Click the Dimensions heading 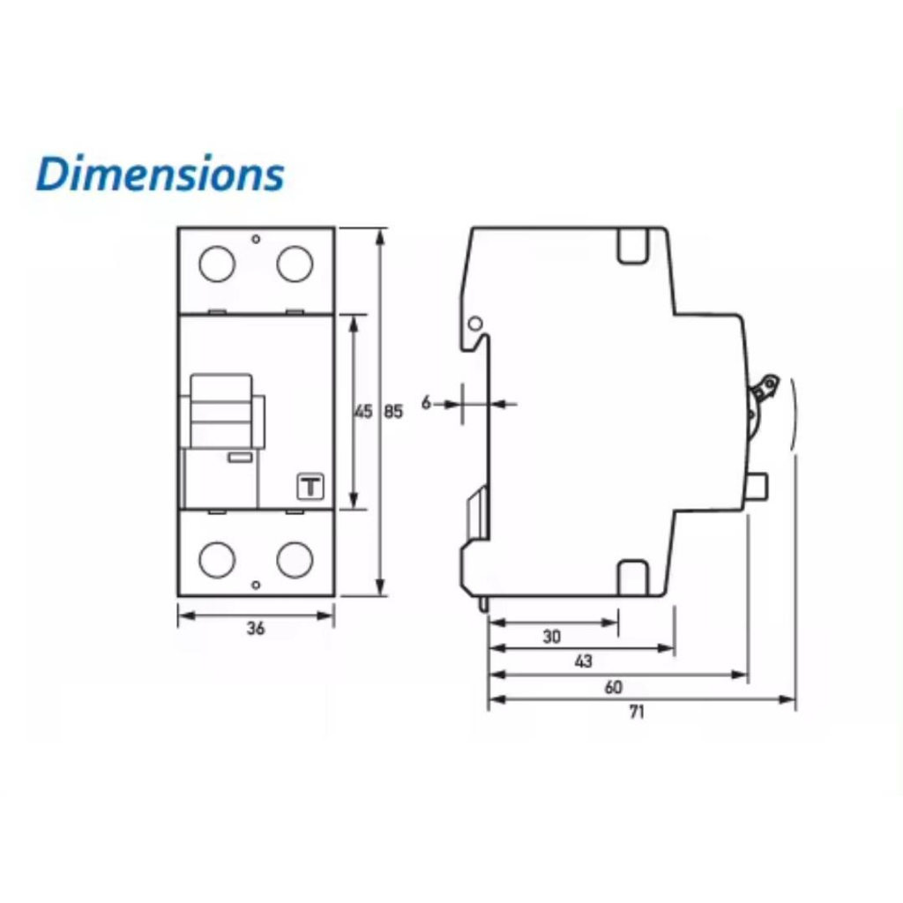160,174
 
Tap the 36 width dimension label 256,628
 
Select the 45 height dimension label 363,412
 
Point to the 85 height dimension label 393,412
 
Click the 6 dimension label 426,402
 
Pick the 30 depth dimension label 552,637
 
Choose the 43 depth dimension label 584,661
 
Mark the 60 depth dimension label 614,687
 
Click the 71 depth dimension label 637,713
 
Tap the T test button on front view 310,487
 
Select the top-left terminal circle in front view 217,264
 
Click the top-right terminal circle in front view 295,264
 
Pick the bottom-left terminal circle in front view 217,559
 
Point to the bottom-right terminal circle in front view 295,559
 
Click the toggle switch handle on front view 221,411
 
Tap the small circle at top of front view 257,239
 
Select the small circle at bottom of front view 257,586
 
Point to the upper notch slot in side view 633,247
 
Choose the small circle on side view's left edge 474,324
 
